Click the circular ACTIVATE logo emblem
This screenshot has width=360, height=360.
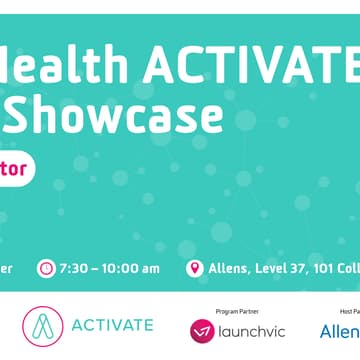point(42,326)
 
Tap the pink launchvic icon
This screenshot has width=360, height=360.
point(202,329)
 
